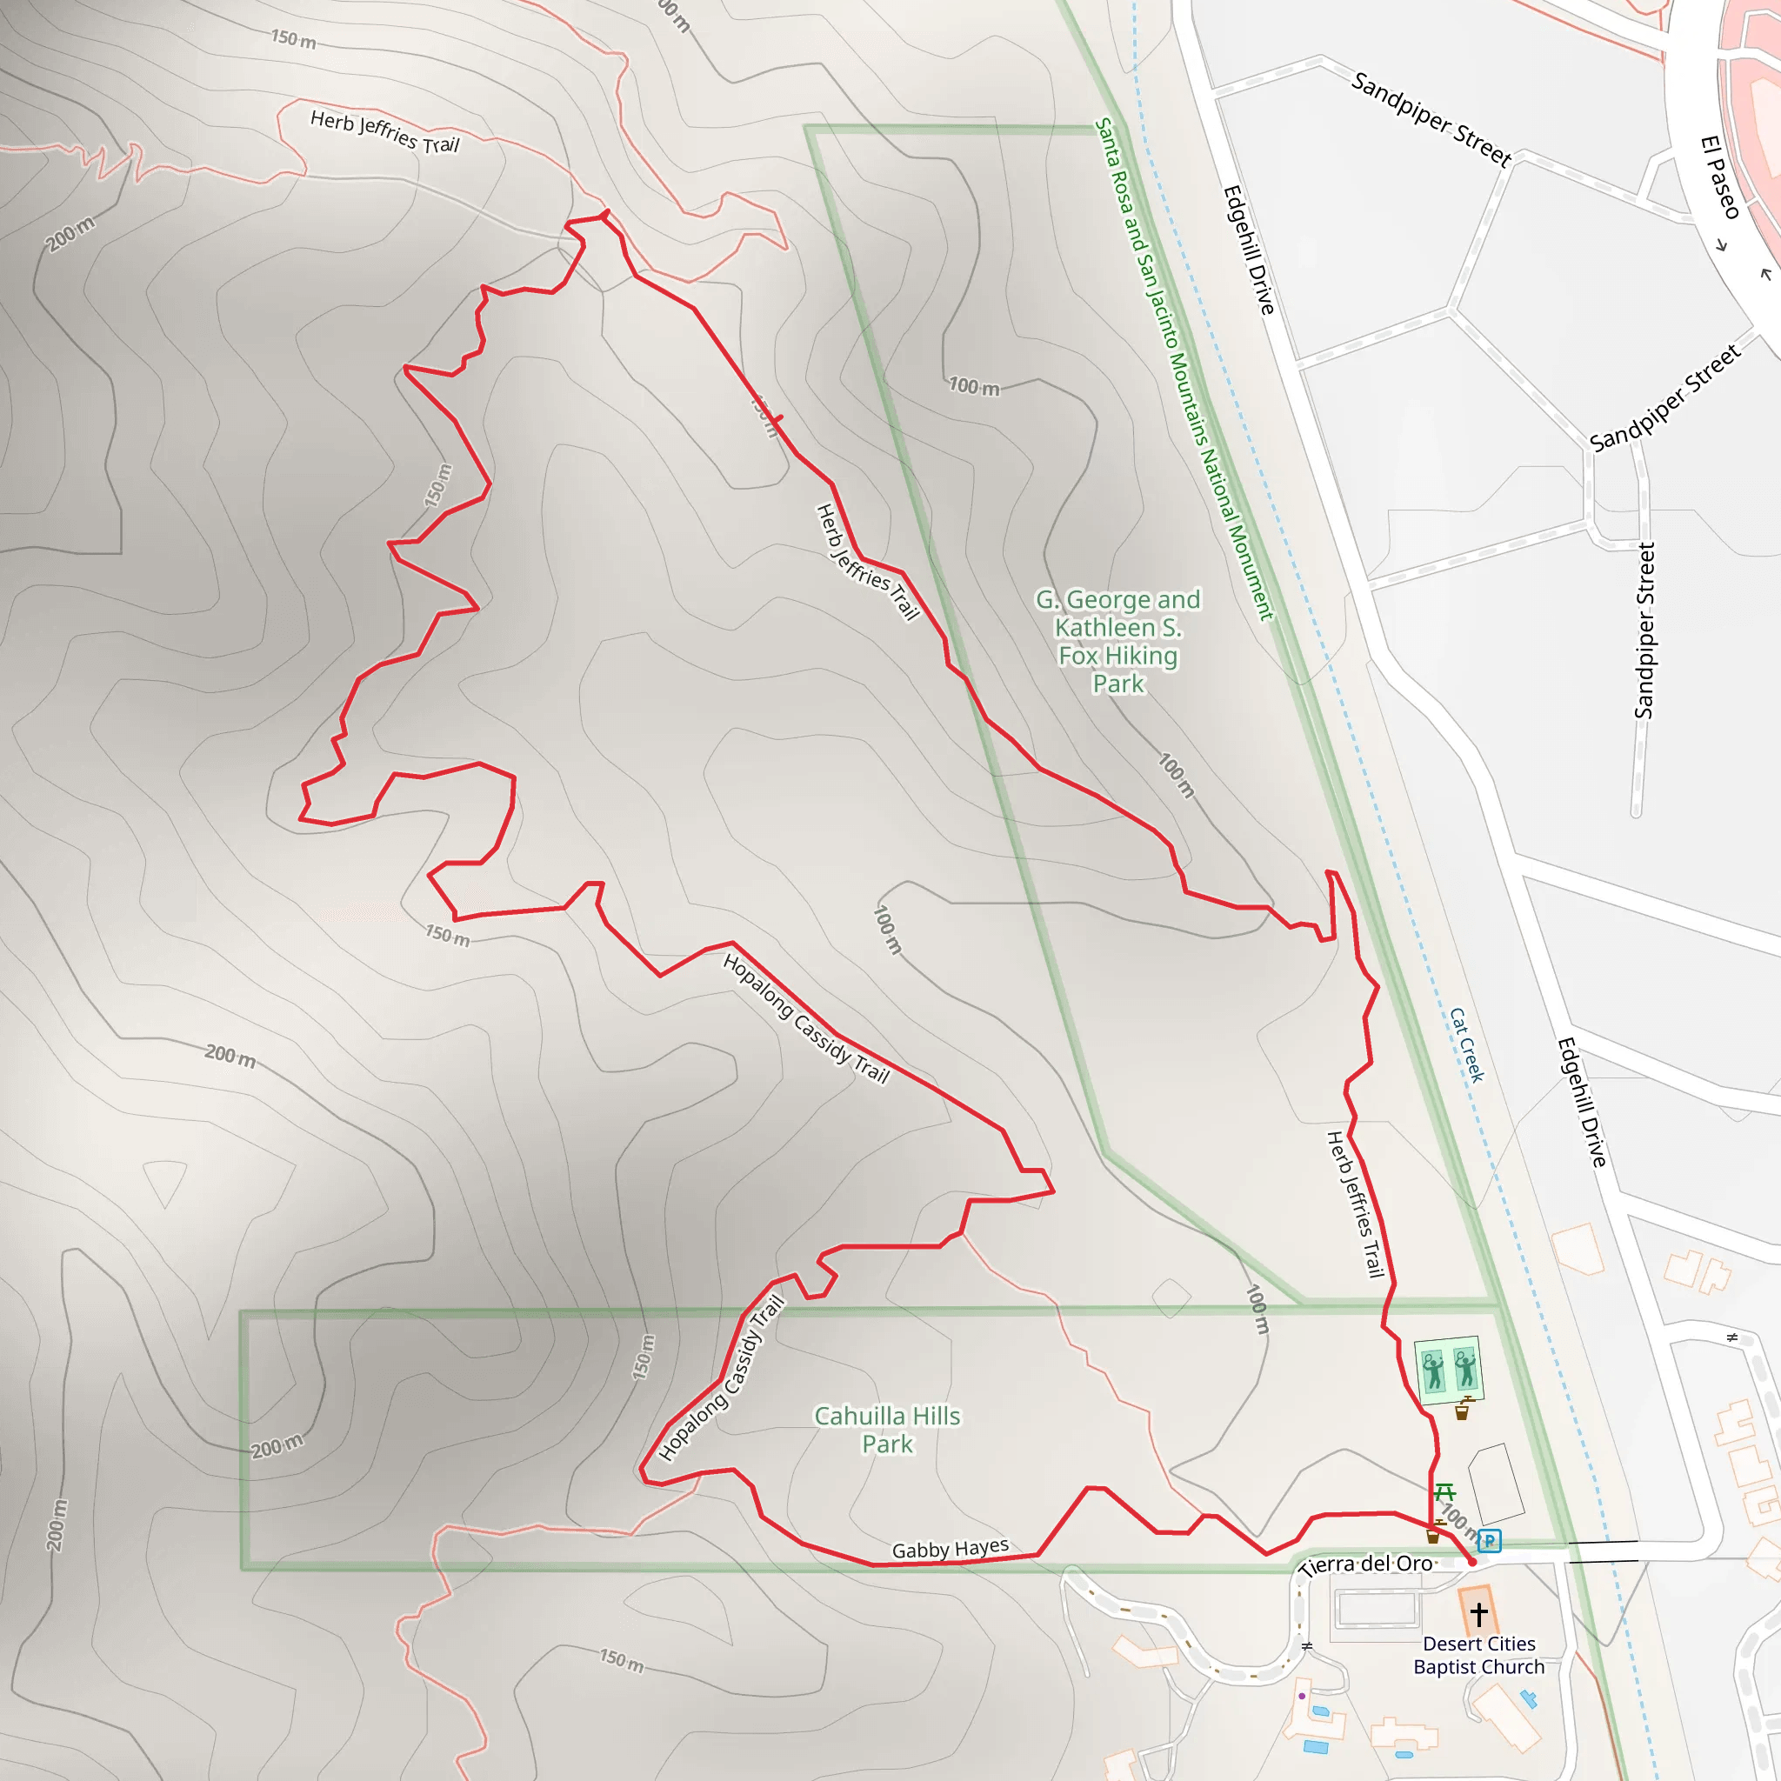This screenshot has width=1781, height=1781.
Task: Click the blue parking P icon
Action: [x=1489, y=1540]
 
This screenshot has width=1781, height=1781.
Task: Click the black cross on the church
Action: [x=1478, y=1614]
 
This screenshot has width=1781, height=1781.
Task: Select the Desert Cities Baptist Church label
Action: [x=1478, y=1656]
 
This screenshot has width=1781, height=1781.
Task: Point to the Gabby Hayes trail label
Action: [x=950, y=1549]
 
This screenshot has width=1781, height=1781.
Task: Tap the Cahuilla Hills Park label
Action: [x=887, y=1430]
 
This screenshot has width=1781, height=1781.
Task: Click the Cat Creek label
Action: [x=1467, y=1044]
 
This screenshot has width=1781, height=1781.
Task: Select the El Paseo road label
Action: [x=1719, y=177]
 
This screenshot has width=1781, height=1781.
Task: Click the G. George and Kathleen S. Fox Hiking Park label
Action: [x=1117, y=642]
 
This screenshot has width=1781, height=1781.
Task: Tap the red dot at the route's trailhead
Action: [x=1472, y=1562]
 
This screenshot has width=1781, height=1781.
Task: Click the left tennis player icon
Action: [x=1432, y=1371]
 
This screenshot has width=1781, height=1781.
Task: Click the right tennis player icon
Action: [x=1464, y=1368]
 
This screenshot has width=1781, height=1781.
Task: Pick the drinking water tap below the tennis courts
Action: [x=1463, y=1411]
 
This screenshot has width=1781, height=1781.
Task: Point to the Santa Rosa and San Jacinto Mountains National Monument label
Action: [x=1184, y=369]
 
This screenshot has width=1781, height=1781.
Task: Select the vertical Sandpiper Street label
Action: [x=1644, y=630]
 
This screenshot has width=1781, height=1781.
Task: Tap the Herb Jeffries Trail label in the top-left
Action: [x=384, y=132]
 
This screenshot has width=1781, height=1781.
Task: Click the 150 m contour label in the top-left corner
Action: [x=293, y=39]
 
